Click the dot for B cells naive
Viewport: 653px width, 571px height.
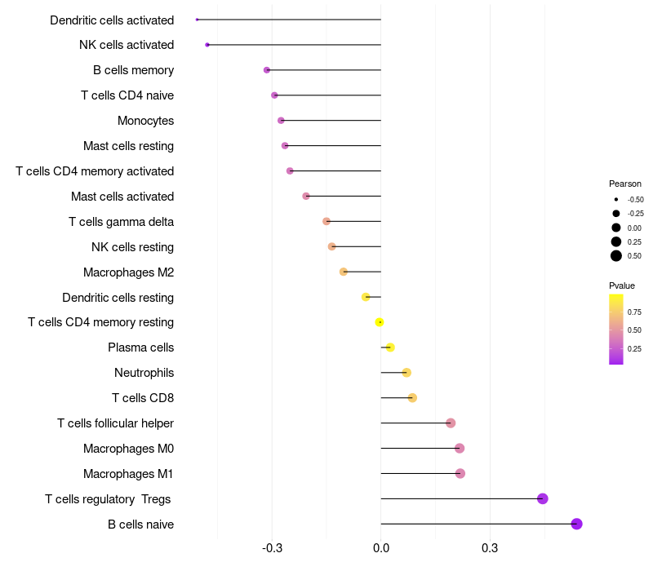576,524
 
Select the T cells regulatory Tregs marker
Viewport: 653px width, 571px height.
543,498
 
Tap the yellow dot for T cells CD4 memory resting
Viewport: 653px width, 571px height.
380,322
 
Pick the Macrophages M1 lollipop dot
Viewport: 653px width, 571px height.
460,473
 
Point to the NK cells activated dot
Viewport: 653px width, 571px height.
207,45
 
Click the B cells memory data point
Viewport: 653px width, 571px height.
267,70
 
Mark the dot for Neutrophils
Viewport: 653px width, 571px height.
406,373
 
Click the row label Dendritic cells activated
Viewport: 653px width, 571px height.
112,20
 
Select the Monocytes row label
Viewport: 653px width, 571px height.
145,121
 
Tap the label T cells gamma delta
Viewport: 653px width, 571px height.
121,222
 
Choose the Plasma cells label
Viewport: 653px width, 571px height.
140,347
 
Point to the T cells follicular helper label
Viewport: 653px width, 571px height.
115,423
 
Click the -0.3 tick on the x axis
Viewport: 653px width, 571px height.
273,547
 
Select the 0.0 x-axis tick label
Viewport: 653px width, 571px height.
381,547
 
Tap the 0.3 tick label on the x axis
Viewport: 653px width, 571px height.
490,547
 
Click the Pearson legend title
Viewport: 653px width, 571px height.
625,184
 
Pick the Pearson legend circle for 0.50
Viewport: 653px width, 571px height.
616,256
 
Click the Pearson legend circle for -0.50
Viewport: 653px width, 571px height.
616,199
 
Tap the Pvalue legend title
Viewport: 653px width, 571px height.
622,285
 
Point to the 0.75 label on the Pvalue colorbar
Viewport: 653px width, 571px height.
634,312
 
